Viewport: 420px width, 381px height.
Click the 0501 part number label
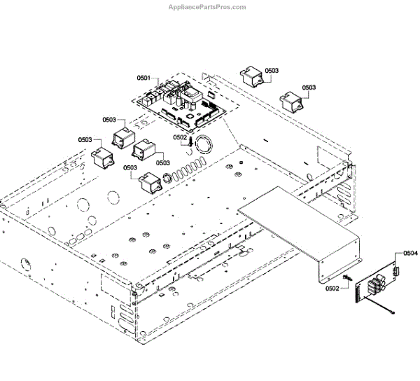click(x=143, y=78)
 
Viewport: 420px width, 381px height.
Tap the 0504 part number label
click(x=411, y=254)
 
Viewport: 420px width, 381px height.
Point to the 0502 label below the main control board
click(x=181, y=138)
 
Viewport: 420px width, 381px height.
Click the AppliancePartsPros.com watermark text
click(x=207, y=7)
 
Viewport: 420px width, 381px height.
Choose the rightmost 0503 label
click(x=309, y=88)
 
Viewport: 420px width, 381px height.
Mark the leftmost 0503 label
click(x=85, y=140)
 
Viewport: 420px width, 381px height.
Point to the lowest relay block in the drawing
click(x=149, y=183)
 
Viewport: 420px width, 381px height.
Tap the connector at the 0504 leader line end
click(x=396, y=270)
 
